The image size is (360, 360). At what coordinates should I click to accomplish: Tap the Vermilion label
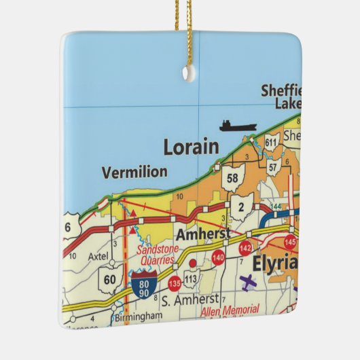(134, 173)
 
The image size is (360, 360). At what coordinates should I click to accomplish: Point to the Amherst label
(199, 234)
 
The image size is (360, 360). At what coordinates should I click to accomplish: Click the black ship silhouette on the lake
(238, 126)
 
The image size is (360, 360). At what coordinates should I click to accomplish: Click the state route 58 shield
(232, 177)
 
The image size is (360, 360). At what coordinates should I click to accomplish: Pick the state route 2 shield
(241, 206)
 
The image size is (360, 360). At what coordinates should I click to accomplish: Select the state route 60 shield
(109, 278)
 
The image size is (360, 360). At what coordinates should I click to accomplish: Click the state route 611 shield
(272, 142)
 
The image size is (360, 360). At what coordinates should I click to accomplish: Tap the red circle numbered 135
(175, 282)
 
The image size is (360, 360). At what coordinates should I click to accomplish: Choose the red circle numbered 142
(246, 248)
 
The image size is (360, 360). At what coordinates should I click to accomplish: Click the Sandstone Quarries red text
(157, 255)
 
